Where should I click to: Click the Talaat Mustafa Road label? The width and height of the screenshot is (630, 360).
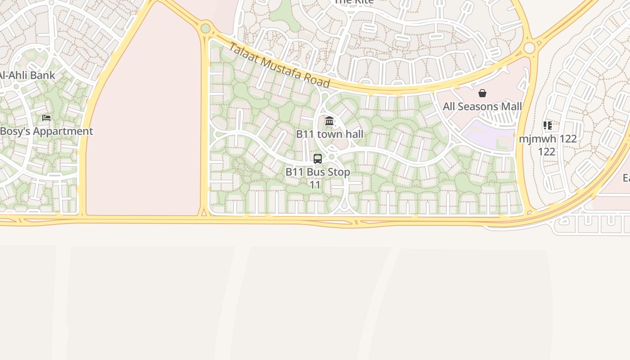(279, 66)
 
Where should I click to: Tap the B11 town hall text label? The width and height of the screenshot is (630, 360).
(329, 134)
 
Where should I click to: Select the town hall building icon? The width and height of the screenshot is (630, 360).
(329, 121)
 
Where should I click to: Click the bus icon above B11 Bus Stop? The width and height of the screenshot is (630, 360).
(318, 158)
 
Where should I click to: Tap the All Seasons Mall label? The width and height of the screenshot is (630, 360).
(482, 107)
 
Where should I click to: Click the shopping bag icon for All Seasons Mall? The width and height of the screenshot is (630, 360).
(482, 93)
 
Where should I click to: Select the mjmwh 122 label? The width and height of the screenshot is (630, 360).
(548, 139)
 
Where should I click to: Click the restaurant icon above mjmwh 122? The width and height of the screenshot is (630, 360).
(548, 125)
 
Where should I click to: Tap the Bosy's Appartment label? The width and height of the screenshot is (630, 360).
(46, 131)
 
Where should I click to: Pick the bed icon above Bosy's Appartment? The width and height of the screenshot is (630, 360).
(46, 118)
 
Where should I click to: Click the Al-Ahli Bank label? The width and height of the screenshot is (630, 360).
(27, 76)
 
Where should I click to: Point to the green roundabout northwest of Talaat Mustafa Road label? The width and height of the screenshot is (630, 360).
(206, 28)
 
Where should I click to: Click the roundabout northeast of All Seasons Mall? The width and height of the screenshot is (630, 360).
(530, 48)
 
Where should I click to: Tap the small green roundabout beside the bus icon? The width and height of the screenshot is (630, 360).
(332, 157)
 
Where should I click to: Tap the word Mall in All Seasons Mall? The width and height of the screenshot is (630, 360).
(509, 107)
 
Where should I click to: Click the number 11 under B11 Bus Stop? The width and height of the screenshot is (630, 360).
(315, 184)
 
